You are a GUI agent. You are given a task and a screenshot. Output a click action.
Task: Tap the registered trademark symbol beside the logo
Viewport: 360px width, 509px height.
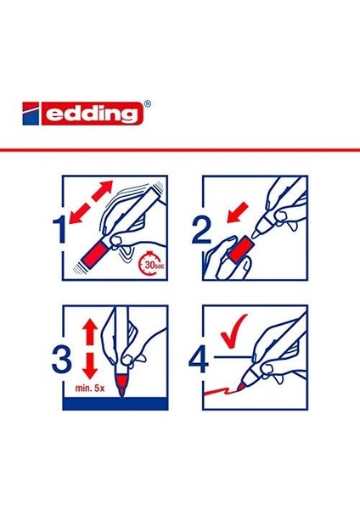pyautogui.click(x=147, y=103)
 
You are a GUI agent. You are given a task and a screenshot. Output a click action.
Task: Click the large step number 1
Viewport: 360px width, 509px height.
pyautogui.click(x=60, y=230)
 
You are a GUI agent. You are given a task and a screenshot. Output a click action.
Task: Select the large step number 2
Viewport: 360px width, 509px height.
pyautogui.click(x=201, y=230)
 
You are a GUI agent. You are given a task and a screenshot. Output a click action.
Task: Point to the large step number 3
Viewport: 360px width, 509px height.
pyautogui.click(x=62, y=359)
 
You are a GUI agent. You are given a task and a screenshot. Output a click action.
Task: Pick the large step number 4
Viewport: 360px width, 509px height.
pyautogui.click(x=199, y=359)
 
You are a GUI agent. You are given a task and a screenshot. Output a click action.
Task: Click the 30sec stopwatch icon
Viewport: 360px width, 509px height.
pyautogui.click(x=152, y=264)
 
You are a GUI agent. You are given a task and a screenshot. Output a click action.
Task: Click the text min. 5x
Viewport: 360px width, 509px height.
pyautogui.click(x=90, y=388)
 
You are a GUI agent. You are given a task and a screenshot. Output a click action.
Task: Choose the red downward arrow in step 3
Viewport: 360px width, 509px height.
pyautogui.click(x=90, y=366)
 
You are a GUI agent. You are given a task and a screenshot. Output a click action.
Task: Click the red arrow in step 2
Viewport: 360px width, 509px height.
pyautogui.click(x=238, y=213)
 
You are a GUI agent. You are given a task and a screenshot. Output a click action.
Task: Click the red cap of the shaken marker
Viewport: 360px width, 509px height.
pyautogui.click(x=97, y=254)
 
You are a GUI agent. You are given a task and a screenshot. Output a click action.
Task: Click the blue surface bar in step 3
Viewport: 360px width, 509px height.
pyautogui.click(x=115, y=404)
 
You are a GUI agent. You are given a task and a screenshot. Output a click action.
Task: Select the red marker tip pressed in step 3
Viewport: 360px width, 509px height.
pyautogui.click(x=122, y=385)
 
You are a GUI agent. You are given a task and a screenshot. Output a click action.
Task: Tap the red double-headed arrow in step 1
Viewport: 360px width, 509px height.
pyautogui.click(x=92, y=202)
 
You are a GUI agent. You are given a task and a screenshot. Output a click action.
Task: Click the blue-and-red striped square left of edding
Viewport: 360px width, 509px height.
pyautogui.click(x=31, y=114)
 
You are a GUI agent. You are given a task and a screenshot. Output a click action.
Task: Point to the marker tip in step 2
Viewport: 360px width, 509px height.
pyautogui.click(x=257, y=232)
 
